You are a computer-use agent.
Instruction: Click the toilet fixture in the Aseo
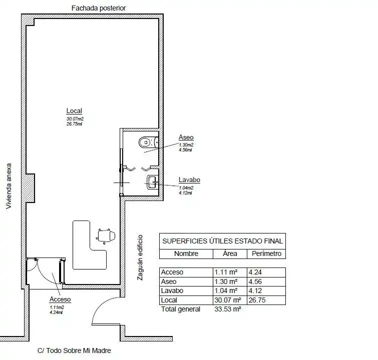149,142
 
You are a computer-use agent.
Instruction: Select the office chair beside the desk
105,235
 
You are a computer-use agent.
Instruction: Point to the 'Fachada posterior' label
99,8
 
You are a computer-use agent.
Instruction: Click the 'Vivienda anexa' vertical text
9,186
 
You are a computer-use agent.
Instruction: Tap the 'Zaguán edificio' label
140,257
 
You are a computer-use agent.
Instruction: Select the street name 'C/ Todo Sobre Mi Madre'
74,350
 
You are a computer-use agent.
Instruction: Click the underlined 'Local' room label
74,111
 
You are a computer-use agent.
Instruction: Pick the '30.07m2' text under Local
75,119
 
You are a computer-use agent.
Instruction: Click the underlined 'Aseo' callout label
186,137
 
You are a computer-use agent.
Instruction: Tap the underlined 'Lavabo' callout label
189,180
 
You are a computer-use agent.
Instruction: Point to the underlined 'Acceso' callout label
60,299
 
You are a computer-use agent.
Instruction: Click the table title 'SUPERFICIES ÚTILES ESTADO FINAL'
222,241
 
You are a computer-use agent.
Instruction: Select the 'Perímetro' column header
266,253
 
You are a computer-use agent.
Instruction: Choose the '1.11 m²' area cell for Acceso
226,272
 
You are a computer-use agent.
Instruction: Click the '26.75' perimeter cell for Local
257,300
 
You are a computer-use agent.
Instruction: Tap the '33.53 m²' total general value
228,309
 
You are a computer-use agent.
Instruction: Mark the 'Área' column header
230,253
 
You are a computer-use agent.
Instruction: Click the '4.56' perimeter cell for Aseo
255,281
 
